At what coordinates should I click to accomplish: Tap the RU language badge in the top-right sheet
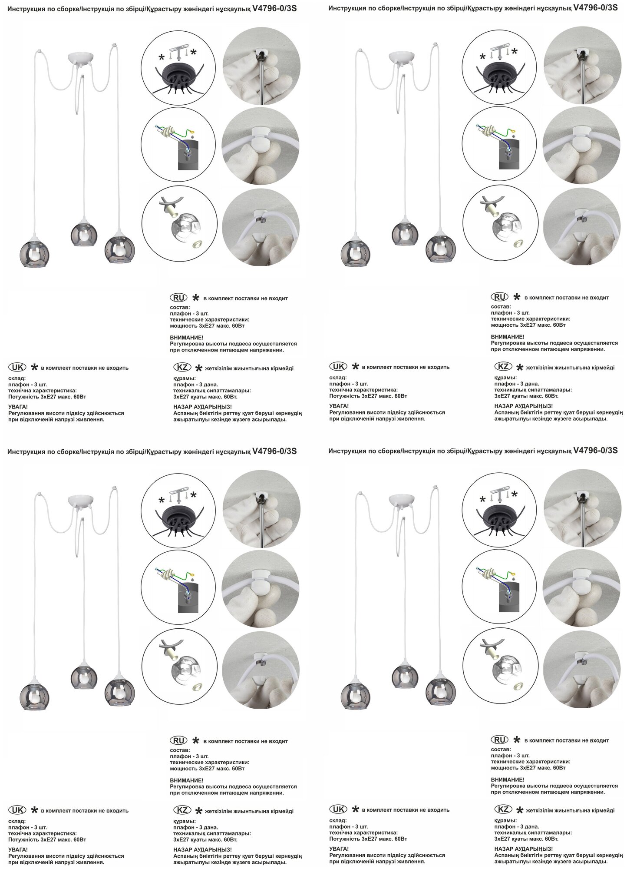click(499, 297)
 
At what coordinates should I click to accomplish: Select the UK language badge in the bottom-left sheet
click(17, 810)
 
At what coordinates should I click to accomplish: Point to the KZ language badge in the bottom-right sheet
click(503, 809)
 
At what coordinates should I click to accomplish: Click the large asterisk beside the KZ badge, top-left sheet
click(198, 368)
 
